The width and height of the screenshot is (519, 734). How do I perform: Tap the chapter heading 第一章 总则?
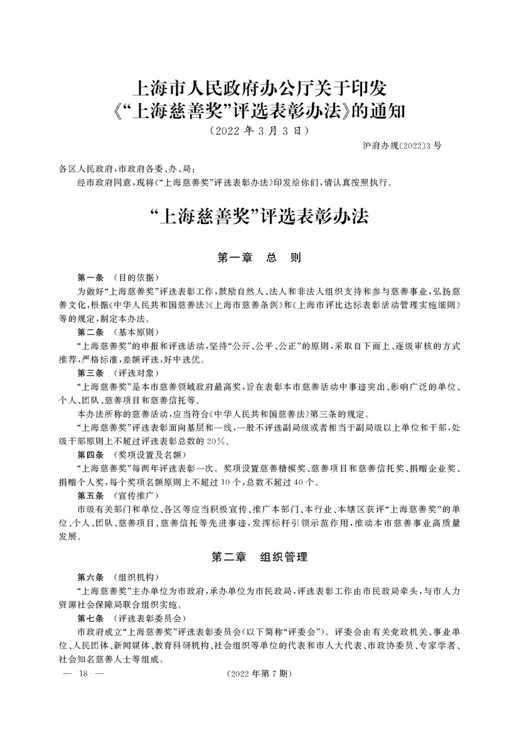tap(259, 258)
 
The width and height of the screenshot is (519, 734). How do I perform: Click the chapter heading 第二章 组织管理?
tap(259, 556)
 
